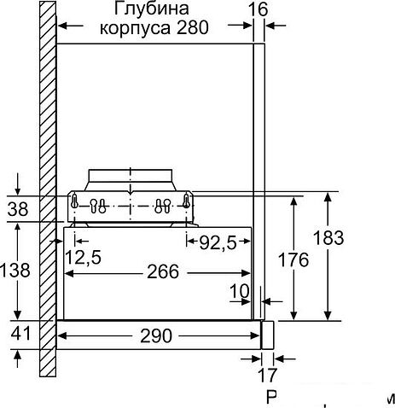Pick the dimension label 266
162,272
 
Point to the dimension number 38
16,208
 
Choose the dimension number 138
16,271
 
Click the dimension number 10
240,292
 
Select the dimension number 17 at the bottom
266,374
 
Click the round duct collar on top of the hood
130,179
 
